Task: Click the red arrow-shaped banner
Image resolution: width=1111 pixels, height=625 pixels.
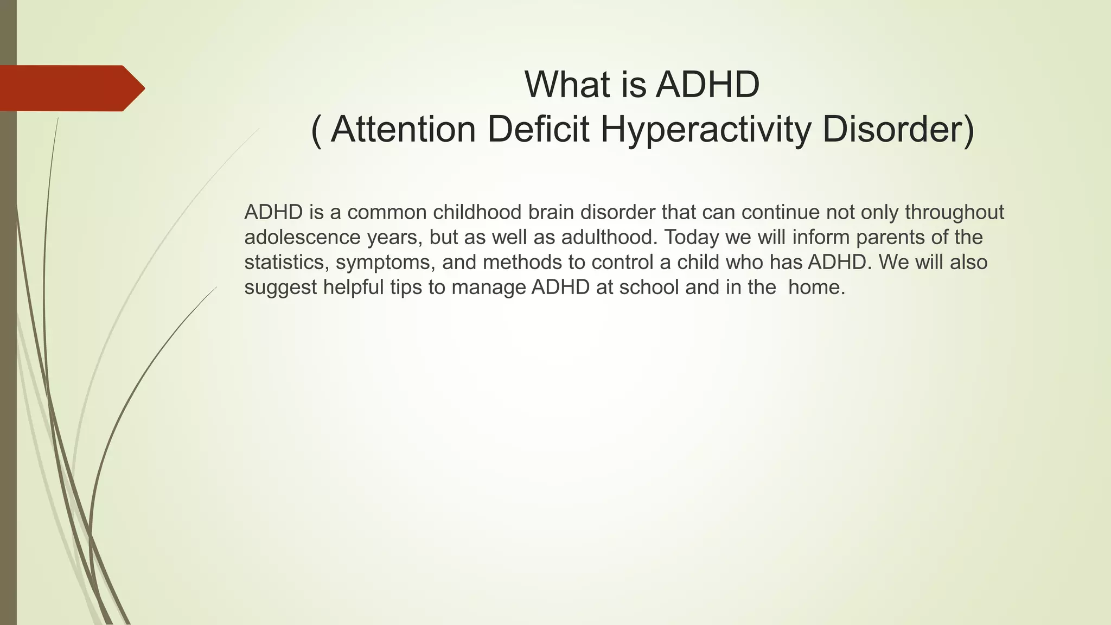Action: pos(71,88)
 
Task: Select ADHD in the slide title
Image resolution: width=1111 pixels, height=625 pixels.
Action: pos(707,85)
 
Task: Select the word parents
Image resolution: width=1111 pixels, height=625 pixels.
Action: pos(887,238)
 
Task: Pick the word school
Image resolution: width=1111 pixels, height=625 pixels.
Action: pos(649,288)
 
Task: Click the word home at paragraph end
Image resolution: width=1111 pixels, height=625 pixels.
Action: pos(814,288)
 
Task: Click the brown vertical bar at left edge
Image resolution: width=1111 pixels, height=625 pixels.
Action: pos(8,380)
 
